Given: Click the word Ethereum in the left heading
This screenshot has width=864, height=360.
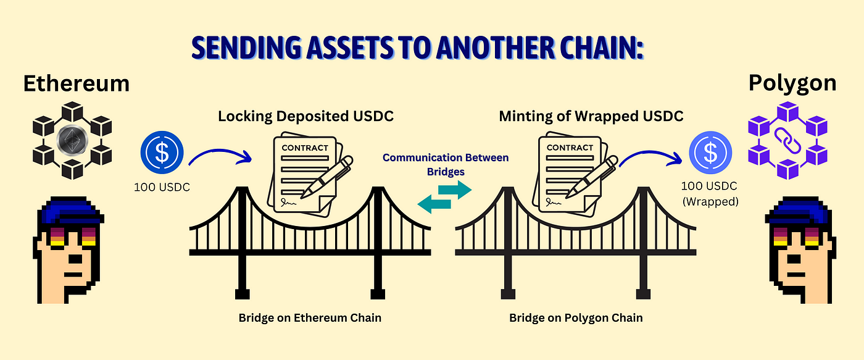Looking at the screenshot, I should [76, 83].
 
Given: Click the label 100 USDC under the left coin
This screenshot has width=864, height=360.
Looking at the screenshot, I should [162, 186].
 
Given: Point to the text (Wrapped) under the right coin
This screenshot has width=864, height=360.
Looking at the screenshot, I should [710, 201].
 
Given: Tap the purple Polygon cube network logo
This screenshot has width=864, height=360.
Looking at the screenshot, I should [788, 140].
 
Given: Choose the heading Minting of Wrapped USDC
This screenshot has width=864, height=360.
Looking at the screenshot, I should [591, 116].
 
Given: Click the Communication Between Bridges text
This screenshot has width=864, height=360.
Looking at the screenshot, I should [446, 164].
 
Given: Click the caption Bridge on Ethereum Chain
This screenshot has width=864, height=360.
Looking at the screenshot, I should [310, 318].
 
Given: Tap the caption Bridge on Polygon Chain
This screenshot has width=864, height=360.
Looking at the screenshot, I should [576, 318].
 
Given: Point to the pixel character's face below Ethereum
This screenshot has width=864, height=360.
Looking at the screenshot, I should [68, 259].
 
